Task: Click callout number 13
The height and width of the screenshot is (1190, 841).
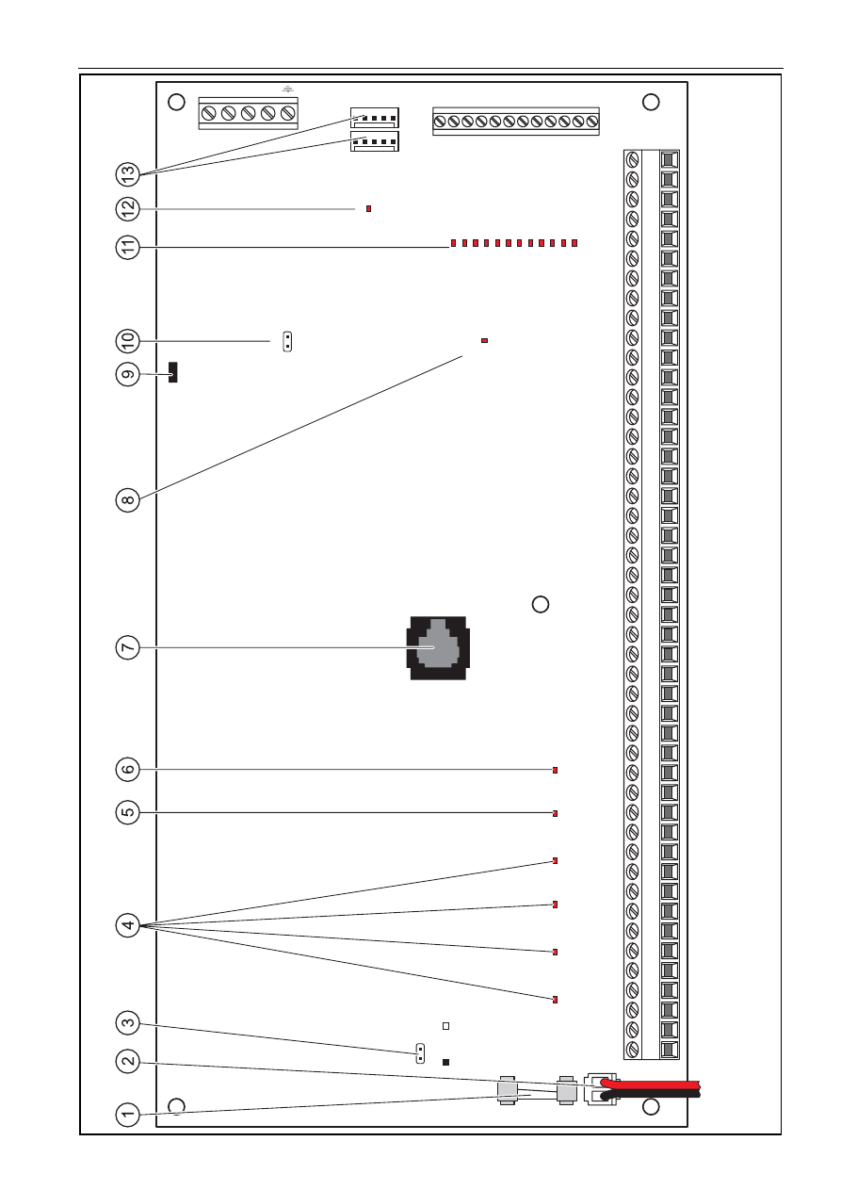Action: point(127,174)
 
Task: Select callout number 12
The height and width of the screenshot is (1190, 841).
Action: point(127,209)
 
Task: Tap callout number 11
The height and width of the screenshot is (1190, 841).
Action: point(127,247)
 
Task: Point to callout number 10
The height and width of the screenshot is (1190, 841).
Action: point(127,341)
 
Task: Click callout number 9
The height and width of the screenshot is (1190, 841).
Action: point(127,375)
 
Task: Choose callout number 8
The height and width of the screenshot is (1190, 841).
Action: point(127,500)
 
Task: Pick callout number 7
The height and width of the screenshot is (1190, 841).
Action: point(127,647)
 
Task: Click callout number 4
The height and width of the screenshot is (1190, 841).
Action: point(127,926)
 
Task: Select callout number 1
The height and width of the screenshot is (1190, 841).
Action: point(127,1114)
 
